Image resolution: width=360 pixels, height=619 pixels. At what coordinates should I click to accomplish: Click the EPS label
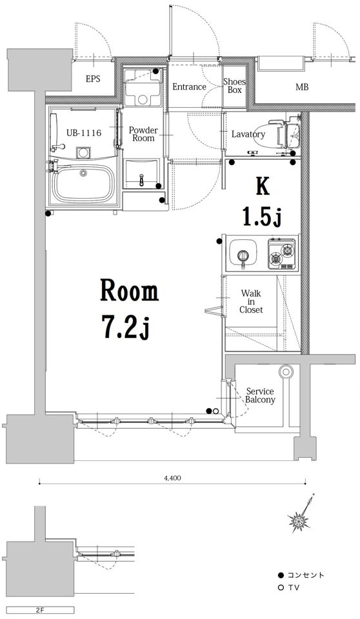93,79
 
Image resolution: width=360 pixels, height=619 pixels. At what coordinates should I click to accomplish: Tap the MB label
302,87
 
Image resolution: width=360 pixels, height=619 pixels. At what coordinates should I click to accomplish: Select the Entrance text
189,87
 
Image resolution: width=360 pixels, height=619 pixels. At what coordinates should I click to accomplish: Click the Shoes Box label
234,86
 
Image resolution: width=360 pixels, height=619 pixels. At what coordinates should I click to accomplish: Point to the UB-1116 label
84,133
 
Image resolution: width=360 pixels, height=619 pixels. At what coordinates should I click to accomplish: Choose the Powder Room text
143,134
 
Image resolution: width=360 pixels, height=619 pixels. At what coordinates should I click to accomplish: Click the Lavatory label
248,134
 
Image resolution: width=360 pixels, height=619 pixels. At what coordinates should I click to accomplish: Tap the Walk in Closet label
251,302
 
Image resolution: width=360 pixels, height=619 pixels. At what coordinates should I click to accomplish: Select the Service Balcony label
260,395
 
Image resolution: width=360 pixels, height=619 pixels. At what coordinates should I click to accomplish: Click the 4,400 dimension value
172,478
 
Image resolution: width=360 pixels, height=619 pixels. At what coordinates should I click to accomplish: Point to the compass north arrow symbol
303,514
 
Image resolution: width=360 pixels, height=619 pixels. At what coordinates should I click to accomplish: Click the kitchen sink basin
243,253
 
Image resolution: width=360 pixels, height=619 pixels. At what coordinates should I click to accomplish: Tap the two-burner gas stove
282,254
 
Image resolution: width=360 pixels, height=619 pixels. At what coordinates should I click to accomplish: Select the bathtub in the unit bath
83,184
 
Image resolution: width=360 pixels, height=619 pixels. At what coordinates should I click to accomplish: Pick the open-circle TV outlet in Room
215,411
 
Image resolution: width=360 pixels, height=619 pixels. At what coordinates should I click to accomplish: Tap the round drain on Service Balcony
285,371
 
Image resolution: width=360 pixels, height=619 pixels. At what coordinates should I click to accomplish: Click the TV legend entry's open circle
281,588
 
